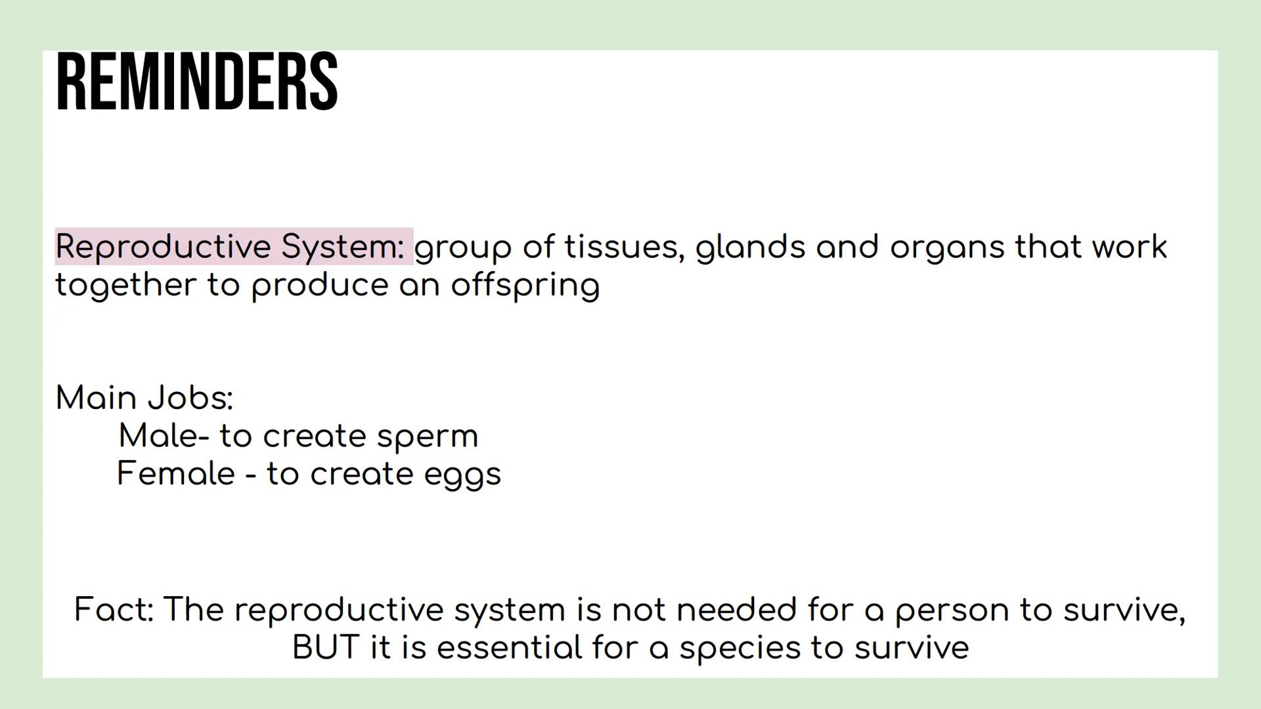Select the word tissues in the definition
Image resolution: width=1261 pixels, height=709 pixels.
pyautogui.click(x=624, y=247)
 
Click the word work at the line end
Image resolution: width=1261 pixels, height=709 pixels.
pyautogui.click(x=1130, y=247)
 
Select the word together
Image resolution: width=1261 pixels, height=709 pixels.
pyautogui.click(x=125, y=286)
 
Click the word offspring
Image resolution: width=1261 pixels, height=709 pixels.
pyautogui.click(x=525, y=286)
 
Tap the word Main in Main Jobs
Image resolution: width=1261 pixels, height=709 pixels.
pyautogui.click(x=96, y=398)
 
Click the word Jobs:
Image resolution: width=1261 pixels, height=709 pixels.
pyautogui.click(x=190, y=398)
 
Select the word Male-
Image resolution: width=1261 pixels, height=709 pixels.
pyautogui.click(x=164, y=436)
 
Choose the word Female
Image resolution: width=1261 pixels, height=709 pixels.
pyautogui.click(x=176, y=473)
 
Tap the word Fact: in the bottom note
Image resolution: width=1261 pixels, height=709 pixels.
pyautogui.click(x=114, y=609)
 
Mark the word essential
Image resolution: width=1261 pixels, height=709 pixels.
pyautogui.click(x=509, y=647)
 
